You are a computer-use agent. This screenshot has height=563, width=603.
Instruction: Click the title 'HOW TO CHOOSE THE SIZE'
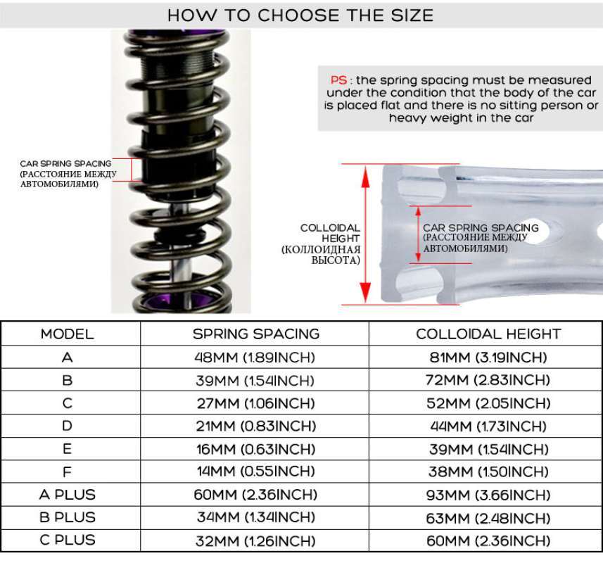(x=300, y=15)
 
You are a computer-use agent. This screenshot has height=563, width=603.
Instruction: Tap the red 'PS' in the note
(x=339, y=80)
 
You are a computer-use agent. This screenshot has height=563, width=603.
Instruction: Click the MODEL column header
(x=68, y=334)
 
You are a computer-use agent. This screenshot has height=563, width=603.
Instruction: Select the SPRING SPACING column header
(x=256, y=334)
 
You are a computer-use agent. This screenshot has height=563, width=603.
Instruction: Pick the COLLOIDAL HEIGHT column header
(x=488, y=334)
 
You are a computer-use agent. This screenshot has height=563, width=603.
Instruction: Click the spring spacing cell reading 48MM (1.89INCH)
(x=255, y=358)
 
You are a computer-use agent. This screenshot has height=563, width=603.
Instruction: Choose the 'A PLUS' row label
(x=68, y=495)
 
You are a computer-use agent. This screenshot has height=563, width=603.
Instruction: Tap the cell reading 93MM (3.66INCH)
(x=488, y=495)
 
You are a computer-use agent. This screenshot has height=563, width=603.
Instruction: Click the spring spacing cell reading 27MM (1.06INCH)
(x=255, y=403)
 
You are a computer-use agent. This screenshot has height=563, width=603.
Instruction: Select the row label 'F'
(x=68, y=472)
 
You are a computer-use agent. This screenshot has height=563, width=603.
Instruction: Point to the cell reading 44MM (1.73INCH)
(x=488, y=426)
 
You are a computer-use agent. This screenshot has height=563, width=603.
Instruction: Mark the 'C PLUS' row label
(x=68, y=540)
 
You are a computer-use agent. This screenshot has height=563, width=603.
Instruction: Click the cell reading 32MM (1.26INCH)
(x=255, y=541)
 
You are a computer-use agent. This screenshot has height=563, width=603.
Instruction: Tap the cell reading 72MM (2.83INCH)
(x=488, y=380)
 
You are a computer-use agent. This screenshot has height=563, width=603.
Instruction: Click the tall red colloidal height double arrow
(x=366, y=234)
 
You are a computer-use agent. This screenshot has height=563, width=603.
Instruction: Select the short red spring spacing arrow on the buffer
(x=419, y=234)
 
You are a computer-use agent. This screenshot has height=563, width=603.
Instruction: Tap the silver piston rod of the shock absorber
(x=181, y=250)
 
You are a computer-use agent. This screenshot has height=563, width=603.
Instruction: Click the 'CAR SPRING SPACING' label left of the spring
(x=65, y=163)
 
